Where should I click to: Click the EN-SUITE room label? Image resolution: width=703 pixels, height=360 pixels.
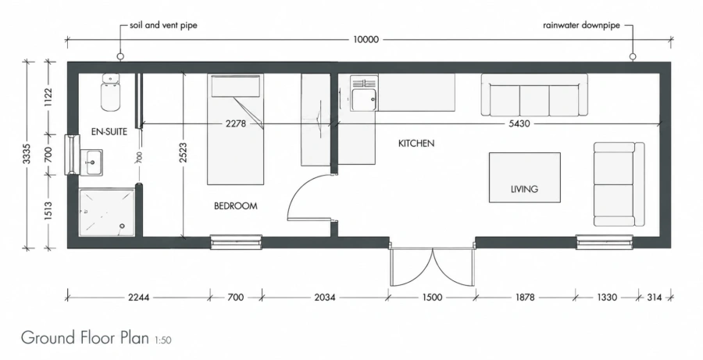(x=109, y=132)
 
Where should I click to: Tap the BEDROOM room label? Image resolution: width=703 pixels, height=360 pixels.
(x=235, y=206)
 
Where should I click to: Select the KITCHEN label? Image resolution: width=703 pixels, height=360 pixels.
(x=416, y=144)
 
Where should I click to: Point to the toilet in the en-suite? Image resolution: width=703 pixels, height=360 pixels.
(x=110, y=92)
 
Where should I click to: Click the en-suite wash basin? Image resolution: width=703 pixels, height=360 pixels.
(x=91, y=162)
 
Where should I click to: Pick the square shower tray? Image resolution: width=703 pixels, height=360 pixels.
(x=107, y=212)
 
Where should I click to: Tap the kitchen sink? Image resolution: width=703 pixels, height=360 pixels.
(x=363, y=94)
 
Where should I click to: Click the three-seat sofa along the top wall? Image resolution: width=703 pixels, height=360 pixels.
(x=534, y=95)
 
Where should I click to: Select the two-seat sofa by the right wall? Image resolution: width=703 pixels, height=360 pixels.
(x=619, y=184)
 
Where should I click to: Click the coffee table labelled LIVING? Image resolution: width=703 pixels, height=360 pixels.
(x=525, y=177)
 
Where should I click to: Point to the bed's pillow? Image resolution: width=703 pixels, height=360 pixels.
(x=236, y=86)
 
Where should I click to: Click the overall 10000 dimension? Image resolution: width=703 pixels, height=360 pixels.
(x=366, y=40)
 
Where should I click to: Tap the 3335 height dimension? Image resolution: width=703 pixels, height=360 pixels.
(x=27, y=154)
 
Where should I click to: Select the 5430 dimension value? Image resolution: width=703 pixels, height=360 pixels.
(x=519, y=123)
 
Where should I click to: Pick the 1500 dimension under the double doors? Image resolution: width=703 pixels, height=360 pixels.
(x=432, y=298)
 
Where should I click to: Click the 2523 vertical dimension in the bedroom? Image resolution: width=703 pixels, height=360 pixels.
(x=183, y=154)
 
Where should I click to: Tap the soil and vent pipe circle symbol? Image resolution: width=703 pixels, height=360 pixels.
(x=120, y=56)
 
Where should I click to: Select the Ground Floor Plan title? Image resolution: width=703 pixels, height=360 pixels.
(x=84, y=337)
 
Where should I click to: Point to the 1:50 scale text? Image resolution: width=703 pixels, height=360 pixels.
(x=162, y=340)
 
